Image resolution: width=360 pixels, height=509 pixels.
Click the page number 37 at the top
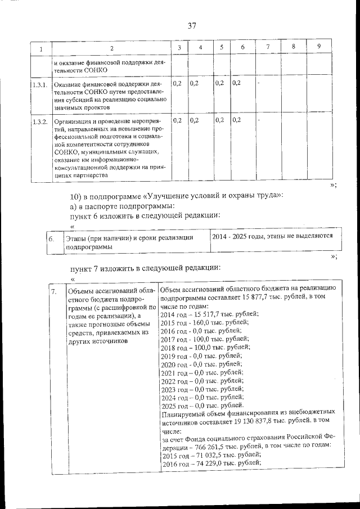point(191,26)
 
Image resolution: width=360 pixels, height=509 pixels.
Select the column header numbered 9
point(319,47)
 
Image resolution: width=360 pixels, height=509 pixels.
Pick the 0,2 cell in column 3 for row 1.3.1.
point(177,83)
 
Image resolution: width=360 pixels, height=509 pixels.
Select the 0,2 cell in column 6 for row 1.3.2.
point(236,120)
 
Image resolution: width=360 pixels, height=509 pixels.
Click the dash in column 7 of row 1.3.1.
point(258,83)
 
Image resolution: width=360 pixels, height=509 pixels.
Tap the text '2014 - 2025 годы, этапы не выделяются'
point(272,237)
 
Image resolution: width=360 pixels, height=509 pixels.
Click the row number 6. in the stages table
point(51,240)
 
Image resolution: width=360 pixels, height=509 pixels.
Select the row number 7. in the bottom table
point(53,292)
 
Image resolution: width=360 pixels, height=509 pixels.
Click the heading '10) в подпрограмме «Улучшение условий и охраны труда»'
point(177,196)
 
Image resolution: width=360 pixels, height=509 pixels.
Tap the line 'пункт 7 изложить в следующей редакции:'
point(145,267)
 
